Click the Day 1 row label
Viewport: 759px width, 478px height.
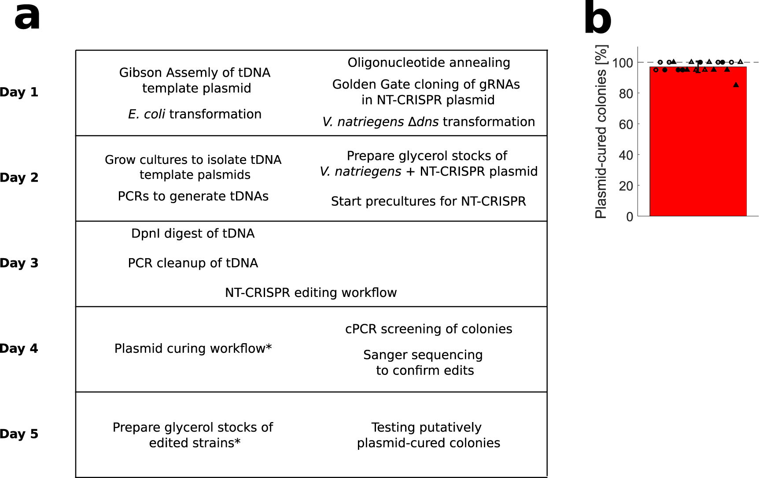point(19,92)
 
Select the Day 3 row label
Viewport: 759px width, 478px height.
point(19,263)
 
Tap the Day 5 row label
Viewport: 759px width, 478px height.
point(19,434)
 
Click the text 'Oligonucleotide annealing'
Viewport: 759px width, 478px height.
point(429,63)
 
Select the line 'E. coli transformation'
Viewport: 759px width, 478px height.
point(195,114)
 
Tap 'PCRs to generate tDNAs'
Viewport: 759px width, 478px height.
point(193,196)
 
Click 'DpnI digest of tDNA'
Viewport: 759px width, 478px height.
point(193,233)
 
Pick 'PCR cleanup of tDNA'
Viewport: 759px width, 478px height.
point(193,263)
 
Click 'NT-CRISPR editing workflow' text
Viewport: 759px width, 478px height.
point(311,293)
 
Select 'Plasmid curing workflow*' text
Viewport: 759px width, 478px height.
point(193,348)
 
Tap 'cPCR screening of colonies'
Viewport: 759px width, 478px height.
point(428,329)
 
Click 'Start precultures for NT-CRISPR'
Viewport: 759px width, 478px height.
point(428,201)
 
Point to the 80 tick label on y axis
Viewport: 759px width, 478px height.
point(626,94)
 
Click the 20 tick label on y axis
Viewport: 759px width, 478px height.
point(626,186)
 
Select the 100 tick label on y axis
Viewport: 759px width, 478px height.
point(623,63)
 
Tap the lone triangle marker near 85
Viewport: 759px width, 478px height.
point(736,85)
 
